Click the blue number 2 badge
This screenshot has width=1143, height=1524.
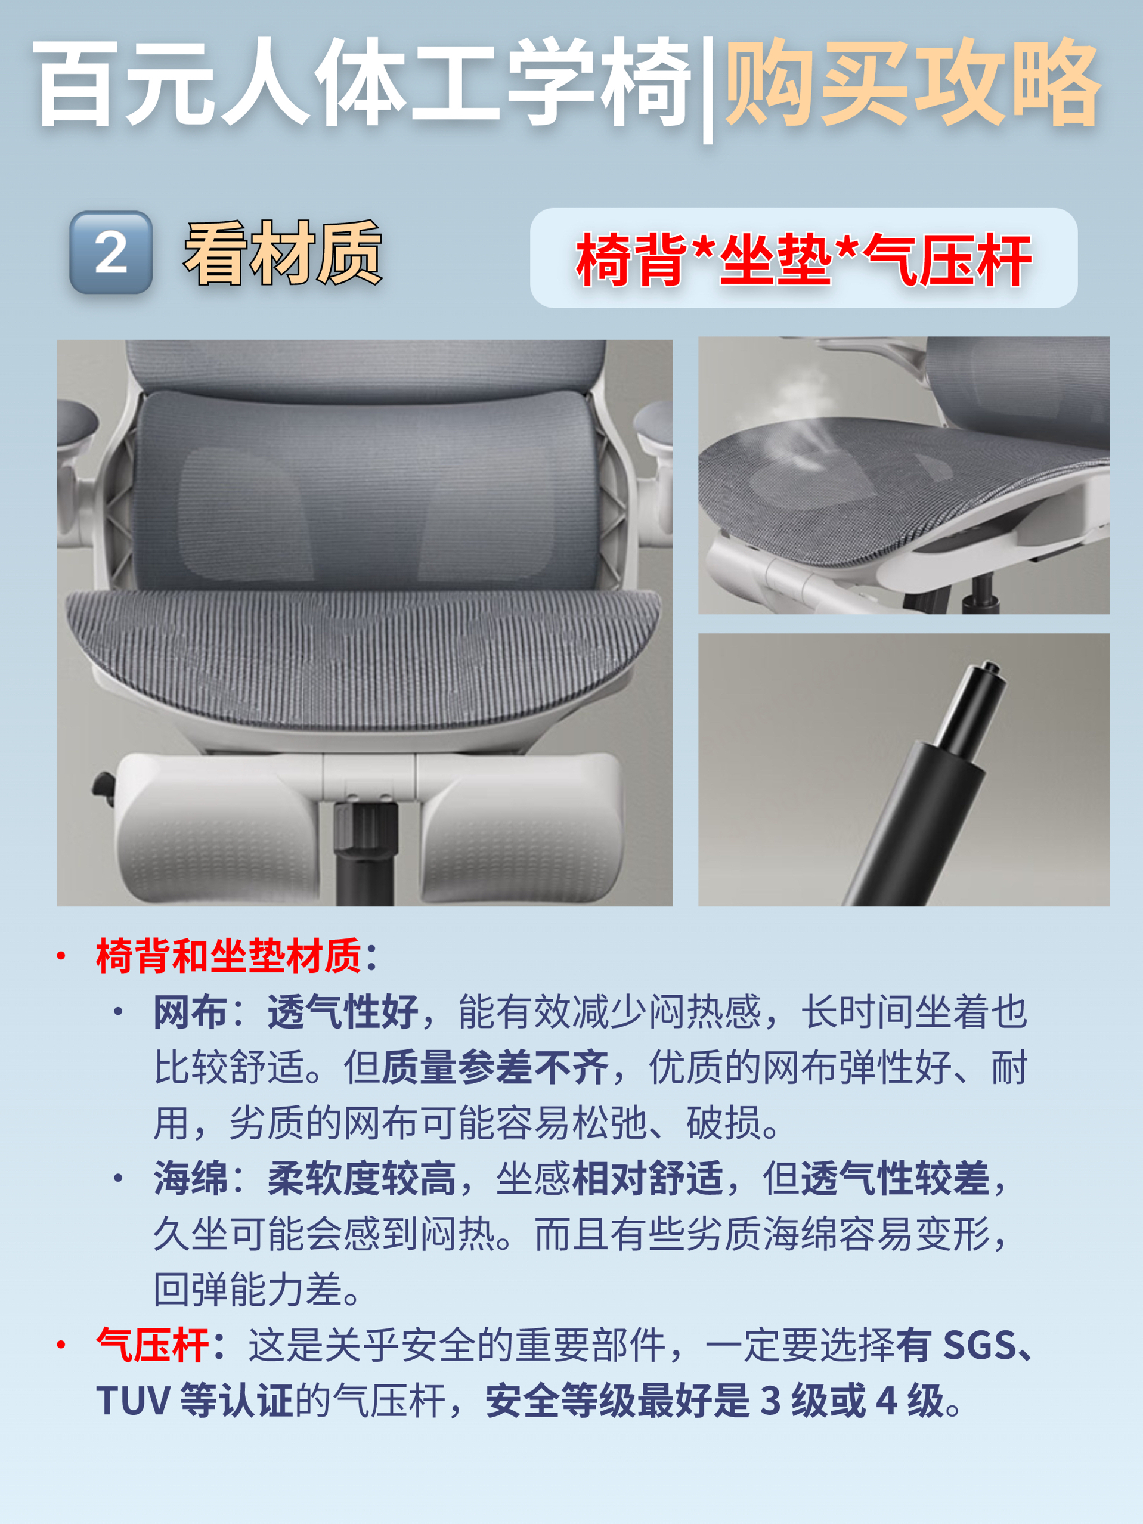tap(111, 252)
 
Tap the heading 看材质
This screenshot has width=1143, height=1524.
tap(283, 253)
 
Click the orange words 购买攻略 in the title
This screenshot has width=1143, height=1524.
tap(913, 83)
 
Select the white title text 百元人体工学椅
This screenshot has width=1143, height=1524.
tap(362, 83)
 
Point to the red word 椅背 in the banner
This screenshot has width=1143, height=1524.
tap(632, 260)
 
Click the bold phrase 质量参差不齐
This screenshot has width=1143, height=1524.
tap(495, 1068)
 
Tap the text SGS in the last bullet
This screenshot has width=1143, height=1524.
tap(980, 1345)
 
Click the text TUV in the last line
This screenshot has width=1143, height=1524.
tap(133, 1401)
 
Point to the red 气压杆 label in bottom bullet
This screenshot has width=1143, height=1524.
tap(152, 1345)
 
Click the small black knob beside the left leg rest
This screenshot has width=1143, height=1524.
tap(104, 788)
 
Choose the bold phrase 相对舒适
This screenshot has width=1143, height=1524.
tap(648, 1178)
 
